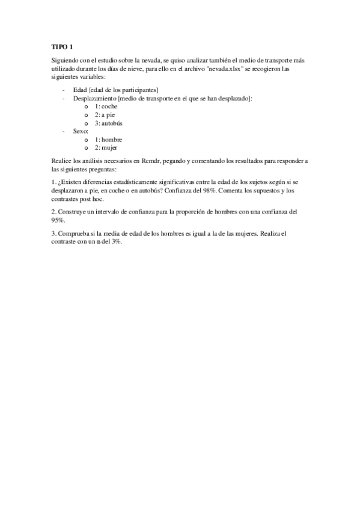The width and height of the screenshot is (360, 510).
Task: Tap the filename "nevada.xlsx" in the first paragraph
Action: (224, 69)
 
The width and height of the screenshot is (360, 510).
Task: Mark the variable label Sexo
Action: (80, 131)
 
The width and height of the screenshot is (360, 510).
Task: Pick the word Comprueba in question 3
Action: (73, 232)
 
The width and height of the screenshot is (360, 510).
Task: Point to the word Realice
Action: (62, 162)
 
